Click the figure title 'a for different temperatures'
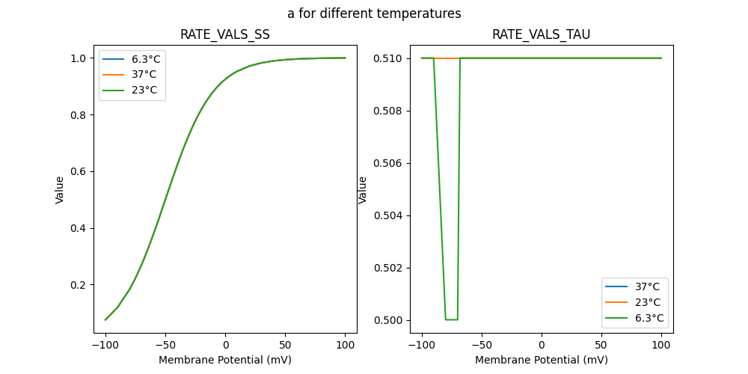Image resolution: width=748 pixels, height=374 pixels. (374, 13)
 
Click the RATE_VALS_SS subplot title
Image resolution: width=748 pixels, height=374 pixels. (225, 35)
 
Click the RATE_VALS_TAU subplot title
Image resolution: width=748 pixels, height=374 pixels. (542, 35)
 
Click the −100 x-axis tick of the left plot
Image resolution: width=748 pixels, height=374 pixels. (105, 346)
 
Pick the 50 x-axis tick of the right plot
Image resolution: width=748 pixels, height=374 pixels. (601, 346)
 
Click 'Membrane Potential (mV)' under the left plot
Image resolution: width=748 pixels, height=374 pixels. (225, 360)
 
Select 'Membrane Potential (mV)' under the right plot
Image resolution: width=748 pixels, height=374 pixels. (542, 360)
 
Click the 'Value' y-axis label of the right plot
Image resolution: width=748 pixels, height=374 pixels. (363, 190)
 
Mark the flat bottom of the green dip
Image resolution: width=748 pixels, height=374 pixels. (452, 319)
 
